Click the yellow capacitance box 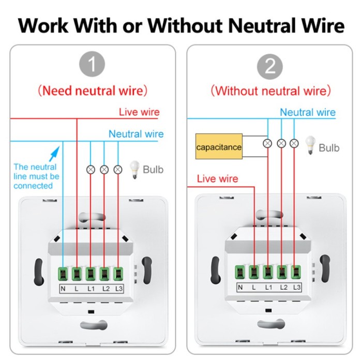pyautogui.click(x=219, y=147)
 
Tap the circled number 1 pyautogui.click(x=93, y=66)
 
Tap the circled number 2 pyautogui.click(x=270, y=66)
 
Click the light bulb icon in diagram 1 pyautogui.click(x=134, y=169)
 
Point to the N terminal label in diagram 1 pyautogui.click(x=63, y=288)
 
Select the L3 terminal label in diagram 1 pyautogui.click(x=119, y=288)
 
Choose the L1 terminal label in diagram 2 pyautogui.click(x=268, y=288)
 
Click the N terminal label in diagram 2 pyautogui.click(x=240, y=288)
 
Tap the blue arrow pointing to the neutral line pyautogui.click(x=54, y=154)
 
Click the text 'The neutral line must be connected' pyautogui.click(x=36, y=176)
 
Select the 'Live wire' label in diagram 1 pyautogui.click(x=139, y=112)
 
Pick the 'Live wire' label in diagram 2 pyautogui.click(x=217, y=179)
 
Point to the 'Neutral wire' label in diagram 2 pyautogui.click(x=308, y=112)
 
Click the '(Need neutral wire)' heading pyautogui.click(x=93, y=90)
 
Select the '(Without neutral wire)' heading pyautogui.click(x=270, y=91)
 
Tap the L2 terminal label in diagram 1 pyautogui.click(x=105, y=288)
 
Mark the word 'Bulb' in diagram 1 pyautogui.click(x=153, y=169)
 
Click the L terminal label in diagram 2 pyautogui.click(x=253, y=288)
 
